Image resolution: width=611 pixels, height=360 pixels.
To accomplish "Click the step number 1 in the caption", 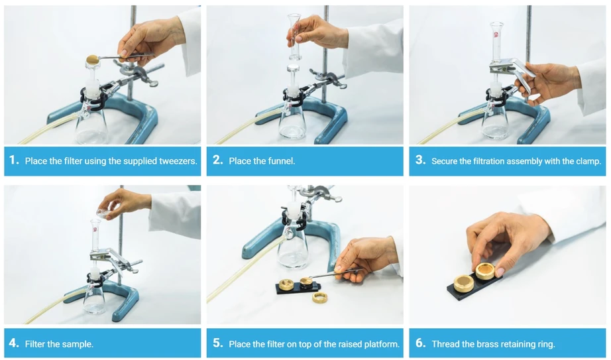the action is tap(14, 160).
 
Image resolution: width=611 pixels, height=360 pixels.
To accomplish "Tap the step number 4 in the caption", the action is tap(14, 343).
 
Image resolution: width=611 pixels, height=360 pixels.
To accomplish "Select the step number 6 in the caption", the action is tap(420, 343).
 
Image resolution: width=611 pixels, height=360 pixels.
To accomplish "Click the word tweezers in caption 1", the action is tap(178, 161).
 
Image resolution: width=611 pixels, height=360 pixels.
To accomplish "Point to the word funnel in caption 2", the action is tap(282, 160).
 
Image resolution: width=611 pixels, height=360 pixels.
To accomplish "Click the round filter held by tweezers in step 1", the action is tap(93, 59).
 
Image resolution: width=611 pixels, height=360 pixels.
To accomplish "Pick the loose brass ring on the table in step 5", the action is tap(320, 298).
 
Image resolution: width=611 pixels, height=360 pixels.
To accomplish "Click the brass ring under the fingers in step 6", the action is tap(485, 271).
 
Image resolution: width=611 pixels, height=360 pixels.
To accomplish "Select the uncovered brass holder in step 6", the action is tap(464, 284).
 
